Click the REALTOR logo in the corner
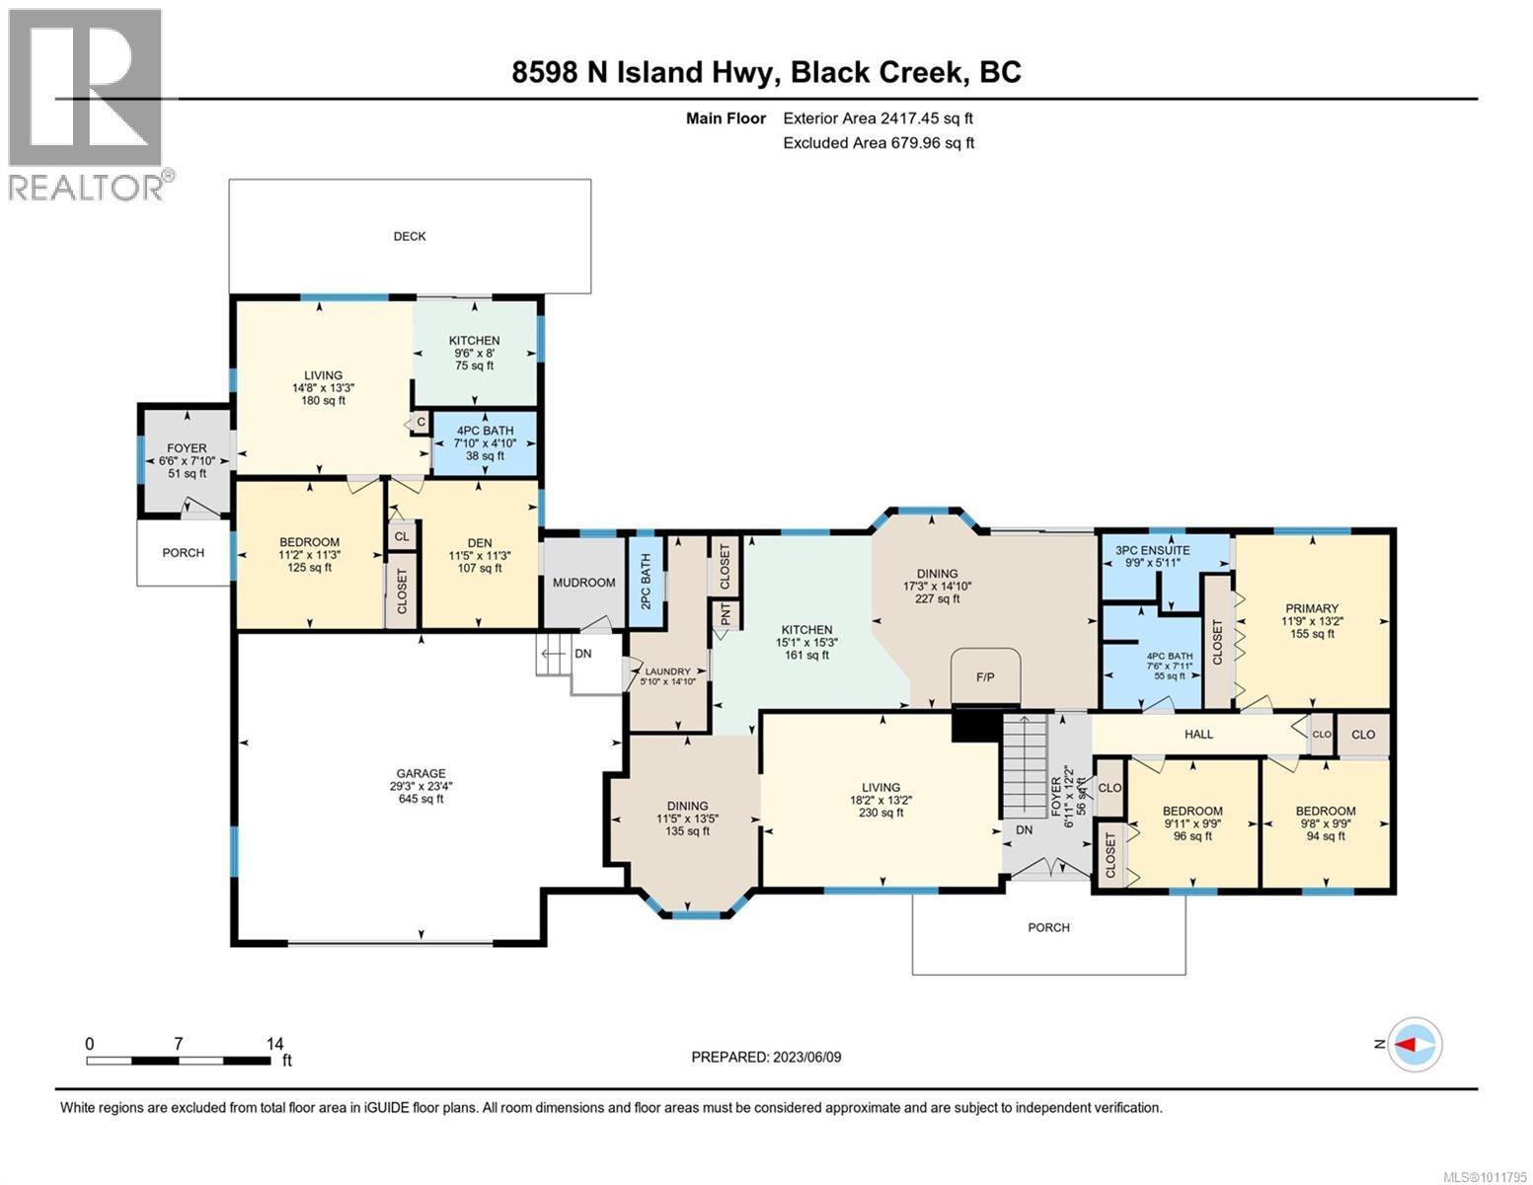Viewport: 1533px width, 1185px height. tap(87, 104)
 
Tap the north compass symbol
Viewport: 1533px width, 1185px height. tap(1416, 1044)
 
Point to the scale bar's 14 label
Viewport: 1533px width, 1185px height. tap(274, 1043)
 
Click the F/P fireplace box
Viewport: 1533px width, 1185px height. tap(984, 677)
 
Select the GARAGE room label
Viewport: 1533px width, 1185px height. tap(422, 773)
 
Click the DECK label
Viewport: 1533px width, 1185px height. tap(410, 236)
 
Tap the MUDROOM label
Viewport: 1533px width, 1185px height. tap(583, 583)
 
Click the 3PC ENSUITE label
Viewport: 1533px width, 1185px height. tap(1152, 550)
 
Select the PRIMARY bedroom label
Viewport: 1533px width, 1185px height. tap(1311, 608)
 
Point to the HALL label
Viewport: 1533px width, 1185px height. tap(1198, 734)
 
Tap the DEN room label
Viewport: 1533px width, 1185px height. tap(480, 542)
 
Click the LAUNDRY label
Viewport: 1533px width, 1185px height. tap(667, 671)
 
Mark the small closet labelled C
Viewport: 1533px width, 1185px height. tap(421, 423)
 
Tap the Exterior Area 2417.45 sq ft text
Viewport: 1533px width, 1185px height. tap(878, 118)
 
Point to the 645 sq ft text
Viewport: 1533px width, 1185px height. tap(422, 799)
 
